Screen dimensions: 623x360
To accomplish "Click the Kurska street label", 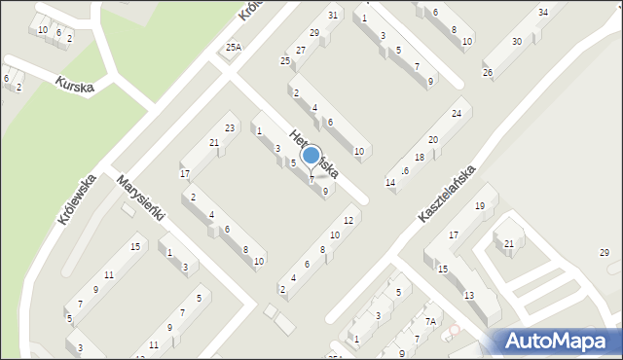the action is [75, 86].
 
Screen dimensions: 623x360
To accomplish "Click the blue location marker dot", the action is [311, 155].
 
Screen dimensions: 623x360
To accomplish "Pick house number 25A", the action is [232, 47].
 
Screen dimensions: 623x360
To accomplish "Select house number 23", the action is [230, 128].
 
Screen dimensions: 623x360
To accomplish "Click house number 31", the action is [334, 15].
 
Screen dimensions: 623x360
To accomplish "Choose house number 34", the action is [542, 12].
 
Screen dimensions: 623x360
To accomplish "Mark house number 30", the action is [516, 42].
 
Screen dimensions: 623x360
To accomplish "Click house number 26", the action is [488, 73].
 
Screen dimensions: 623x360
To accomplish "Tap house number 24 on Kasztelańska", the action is [456, 114].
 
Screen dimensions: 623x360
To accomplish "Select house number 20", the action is [433, 140].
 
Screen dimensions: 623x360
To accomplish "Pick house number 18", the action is [420, 157].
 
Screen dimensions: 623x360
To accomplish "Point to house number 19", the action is [479, 205].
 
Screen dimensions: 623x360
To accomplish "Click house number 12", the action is [348, 221].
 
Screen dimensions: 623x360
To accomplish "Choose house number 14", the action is [390, 183].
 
